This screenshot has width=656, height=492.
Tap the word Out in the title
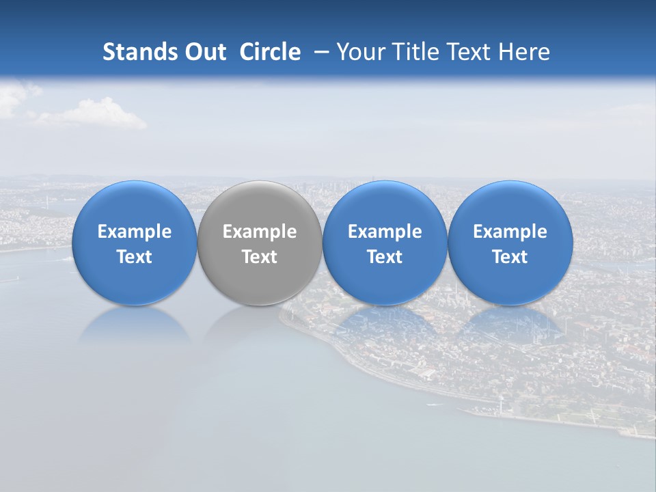(x=204, y=52)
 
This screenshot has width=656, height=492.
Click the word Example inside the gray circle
(x=260, y=232)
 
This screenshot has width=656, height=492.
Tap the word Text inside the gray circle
(x=260, y=257)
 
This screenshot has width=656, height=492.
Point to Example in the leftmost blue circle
(x=134, y=232)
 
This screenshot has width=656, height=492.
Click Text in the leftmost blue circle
(x=134, y=257)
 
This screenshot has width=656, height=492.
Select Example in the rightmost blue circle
(x=510, y=232)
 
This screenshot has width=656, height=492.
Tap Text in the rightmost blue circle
(x=510, y=257)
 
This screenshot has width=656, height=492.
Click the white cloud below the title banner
(x=96, y=114)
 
